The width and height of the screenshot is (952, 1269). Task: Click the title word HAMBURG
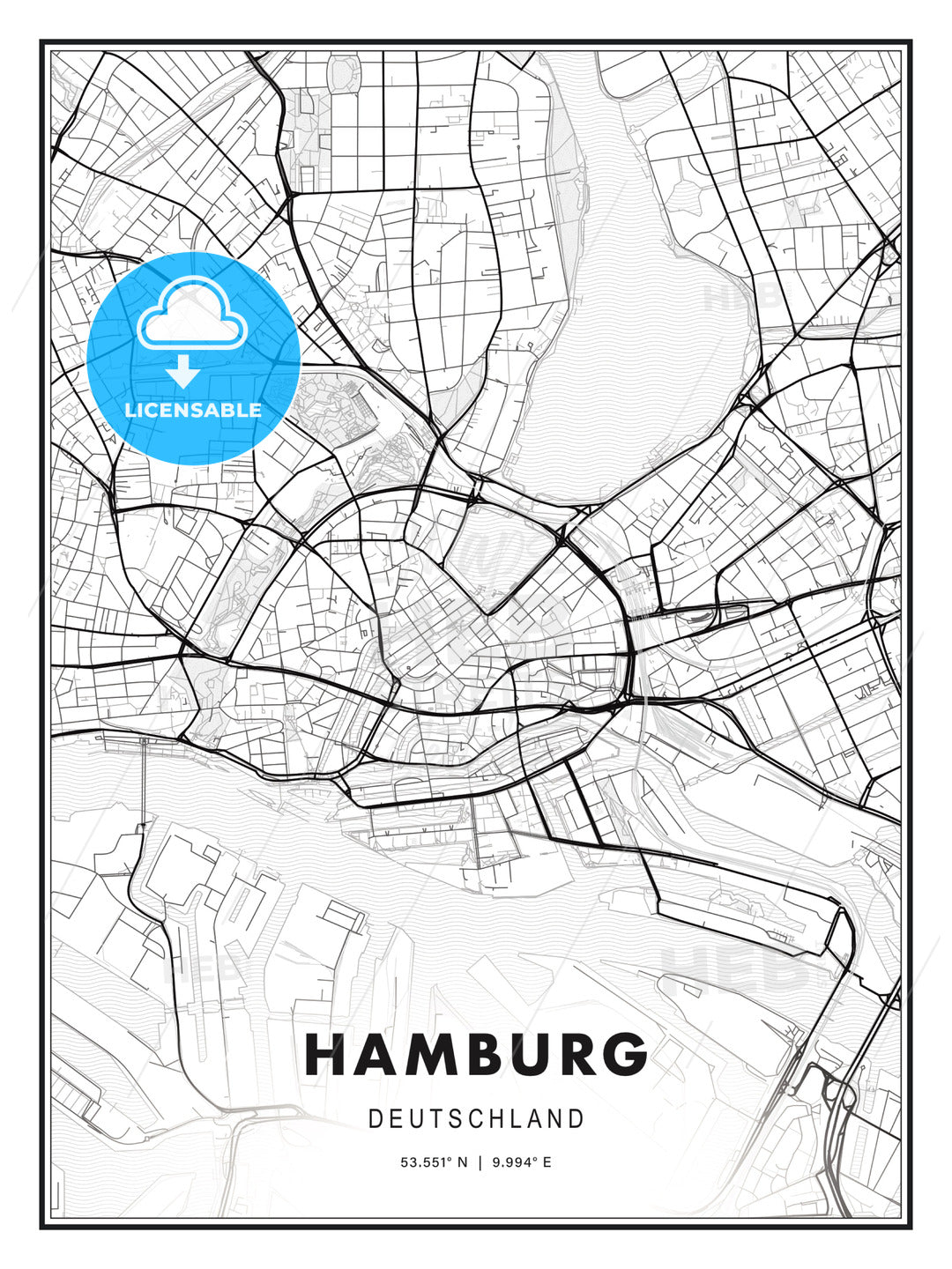(476, 1055)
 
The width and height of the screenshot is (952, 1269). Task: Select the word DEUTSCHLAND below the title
(476, 1119)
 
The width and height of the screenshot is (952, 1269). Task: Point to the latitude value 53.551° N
(435, 1162)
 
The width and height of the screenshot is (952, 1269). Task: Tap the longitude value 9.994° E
(521, 1162)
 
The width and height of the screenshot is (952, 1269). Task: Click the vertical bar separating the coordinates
(480, 1162)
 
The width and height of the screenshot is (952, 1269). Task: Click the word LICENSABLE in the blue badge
(193, 410)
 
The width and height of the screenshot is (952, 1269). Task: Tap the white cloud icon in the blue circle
(190, 313)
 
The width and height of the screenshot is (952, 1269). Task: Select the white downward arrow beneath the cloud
(183, 372)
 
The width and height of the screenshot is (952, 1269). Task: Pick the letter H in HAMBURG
(327, 1055)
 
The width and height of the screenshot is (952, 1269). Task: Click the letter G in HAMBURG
(626, 1055)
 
